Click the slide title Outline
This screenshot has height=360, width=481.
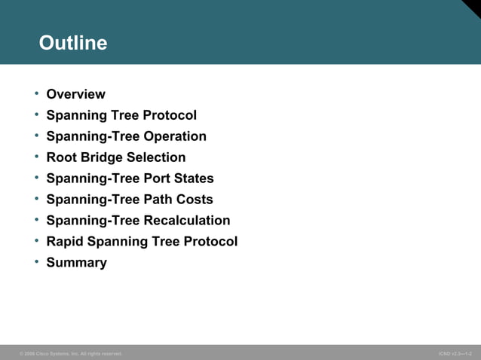[x=73, y=43]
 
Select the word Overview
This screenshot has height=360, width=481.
[x=75, y=94]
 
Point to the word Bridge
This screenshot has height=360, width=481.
[x=102, y=157]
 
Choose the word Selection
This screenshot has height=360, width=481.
[x=156, y=157]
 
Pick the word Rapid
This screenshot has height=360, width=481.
[x=66, y=242]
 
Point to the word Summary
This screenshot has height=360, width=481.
[x=76, y=263]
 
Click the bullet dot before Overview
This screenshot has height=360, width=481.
[x=35, y=93]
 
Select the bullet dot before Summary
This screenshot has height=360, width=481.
[x=35, y=262]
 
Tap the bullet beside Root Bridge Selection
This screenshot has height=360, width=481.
[x=35, y=157]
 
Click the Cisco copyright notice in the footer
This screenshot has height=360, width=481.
[x=71, y=353]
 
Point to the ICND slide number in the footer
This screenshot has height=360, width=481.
[x=455, y=353]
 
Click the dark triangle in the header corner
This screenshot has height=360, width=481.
[x=473, y=6]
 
